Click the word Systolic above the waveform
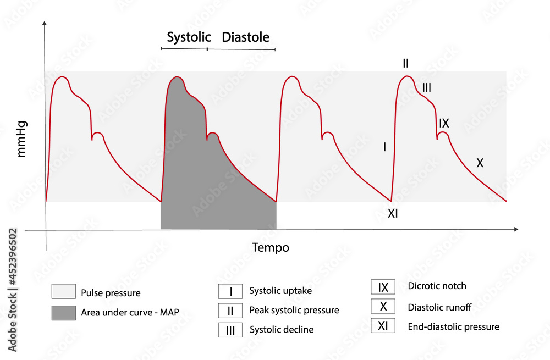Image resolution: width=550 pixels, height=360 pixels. coord(189,37)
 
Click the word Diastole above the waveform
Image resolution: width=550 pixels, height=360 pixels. coord(246,37)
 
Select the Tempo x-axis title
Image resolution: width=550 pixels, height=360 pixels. coord(271,247)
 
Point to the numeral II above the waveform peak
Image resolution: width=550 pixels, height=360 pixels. coord(405,64)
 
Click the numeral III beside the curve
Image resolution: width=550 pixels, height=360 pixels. coord(427,87)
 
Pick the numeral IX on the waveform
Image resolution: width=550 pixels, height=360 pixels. coord(444,123)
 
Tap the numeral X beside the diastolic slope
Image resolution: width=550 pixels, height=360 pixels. coord(480,163)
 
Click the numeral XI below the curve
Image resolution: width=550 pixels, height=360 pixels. coord(393,214)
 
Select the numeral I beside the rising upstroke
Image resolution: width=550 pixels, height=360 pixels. coord(384,147)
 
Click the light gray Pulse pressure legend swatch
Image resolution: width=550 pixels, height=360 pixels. coord(63,292)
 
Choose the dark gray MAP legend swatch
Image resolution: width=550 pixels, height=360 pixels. coord(63,313)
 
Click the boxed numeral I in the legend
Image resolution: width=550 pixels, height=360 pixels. coord(230,291)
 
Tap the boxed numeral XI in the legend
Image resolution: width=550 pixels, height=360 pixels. coord(383,326)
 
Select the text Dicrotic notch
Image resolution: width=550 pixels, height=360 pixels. coord(437,286)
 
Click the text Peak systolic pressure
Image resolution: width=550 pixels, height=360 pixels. coord(294,311)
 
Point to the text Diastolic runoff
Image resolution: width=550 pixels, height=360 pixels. coord(439,307)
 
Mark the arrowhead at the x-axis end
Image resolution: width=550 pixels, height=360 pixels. coord(515,228)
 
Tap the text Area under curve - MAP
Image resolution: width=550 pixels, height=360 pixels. coord(130,313)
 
